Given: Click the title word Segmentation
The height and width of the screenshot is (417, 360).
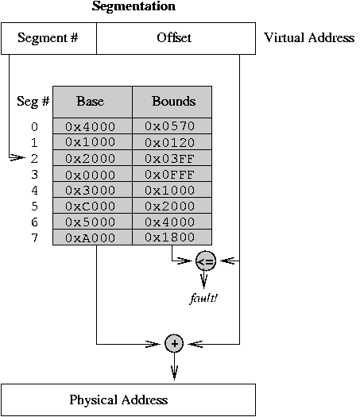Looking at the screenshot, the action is click(x=134, y=6).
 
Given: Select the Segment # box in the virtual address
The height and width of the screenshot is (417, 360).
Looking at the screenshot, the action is click(x=48, y=39).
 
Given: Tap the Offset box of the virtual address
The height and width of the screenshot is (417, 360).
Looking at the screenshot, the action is click(x=176, y=39).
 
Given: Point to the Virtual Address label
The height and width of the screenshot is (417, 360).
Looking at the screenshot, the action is click(x=309, y=37).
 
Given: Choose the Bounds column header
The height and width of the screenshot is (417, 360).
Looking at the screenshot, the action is click(x=172, y=102).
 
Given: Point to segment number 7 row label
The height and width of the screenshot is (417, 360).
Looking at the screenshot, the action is click(x=35, y=237).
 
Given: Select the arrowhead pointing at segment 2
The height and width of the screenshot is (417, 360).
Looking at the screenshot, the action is click(x=17, y=158).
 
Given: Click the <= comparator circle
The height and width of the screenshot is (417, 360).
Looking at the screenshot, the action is click(x=206, y=261).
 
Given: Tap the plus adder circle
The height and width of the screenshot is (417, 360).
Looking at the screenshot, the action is click(x=174, y=343).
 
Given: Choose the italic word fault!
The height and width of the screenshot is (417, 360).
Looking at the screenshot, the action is click(x=203, y=298).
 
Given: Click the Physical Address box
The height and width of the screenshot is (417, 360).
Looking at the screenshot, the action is click(x=128, y=400).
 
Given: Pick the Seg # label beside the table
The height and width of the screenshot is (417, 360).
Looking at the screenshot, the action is click(x=33, y=102).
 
